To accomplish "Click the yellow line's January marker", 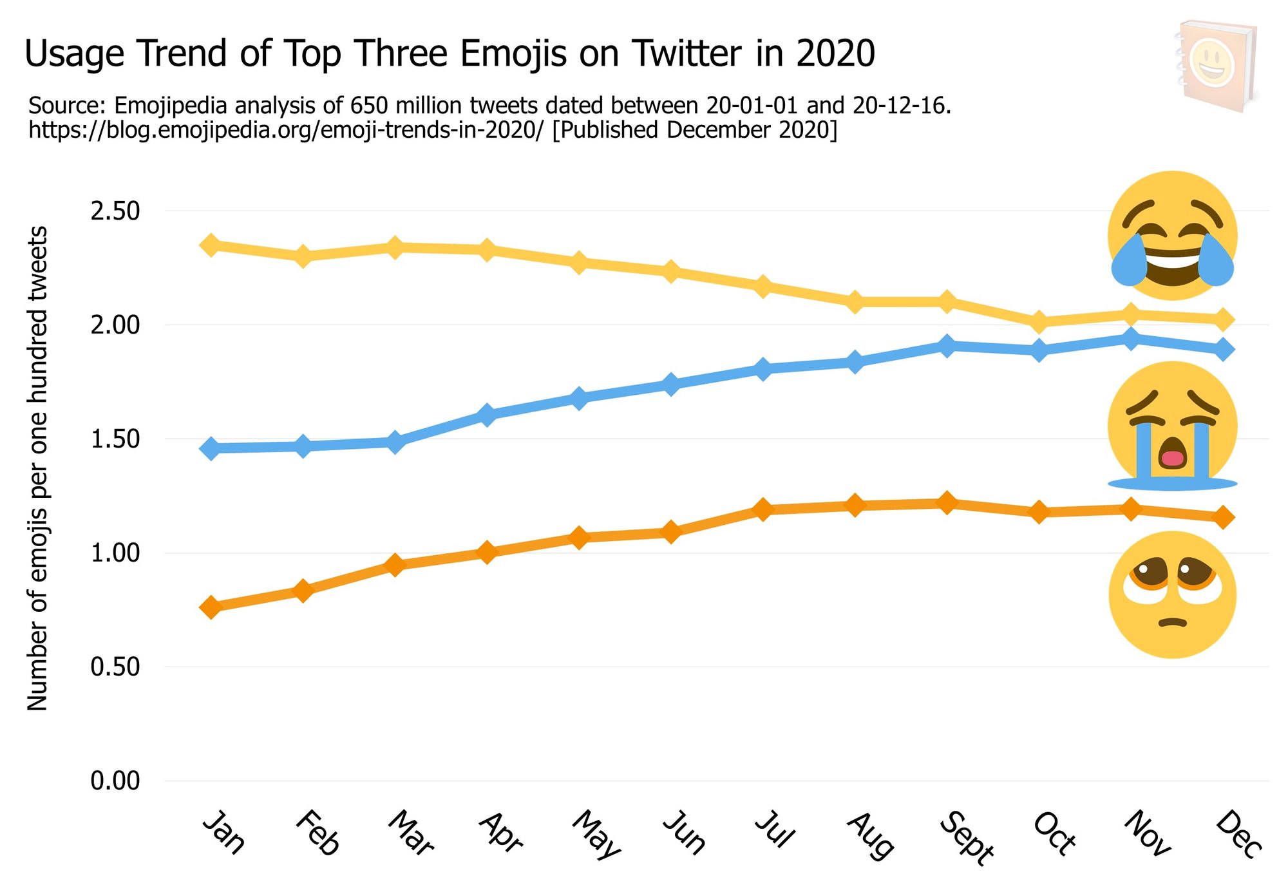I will click(211, 245).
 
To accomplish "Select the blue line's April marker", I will click(487, 415).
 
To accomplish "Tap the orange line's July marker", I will click(763, 510).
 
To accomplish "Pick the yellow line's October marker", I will click(1039, 321).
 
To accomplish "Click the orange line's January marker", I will click(211, 607).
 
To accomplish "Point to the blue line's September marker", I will click(947, 346).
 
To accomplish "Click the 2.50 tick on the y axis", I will click(115, 211).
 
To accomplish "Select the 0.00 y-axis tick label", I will click(115, 781).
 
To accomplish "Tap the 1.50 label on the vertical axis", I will click(115, 439).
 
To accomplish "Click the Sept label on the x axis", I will click(967, 837).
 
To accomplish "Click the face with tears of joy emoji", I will click(1172, 236).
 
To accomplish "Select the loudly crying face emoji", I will click(1172, 426).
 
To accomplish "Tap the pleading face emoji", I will click(1172, 594).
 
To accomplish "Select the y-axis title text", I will click(37, 468).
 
